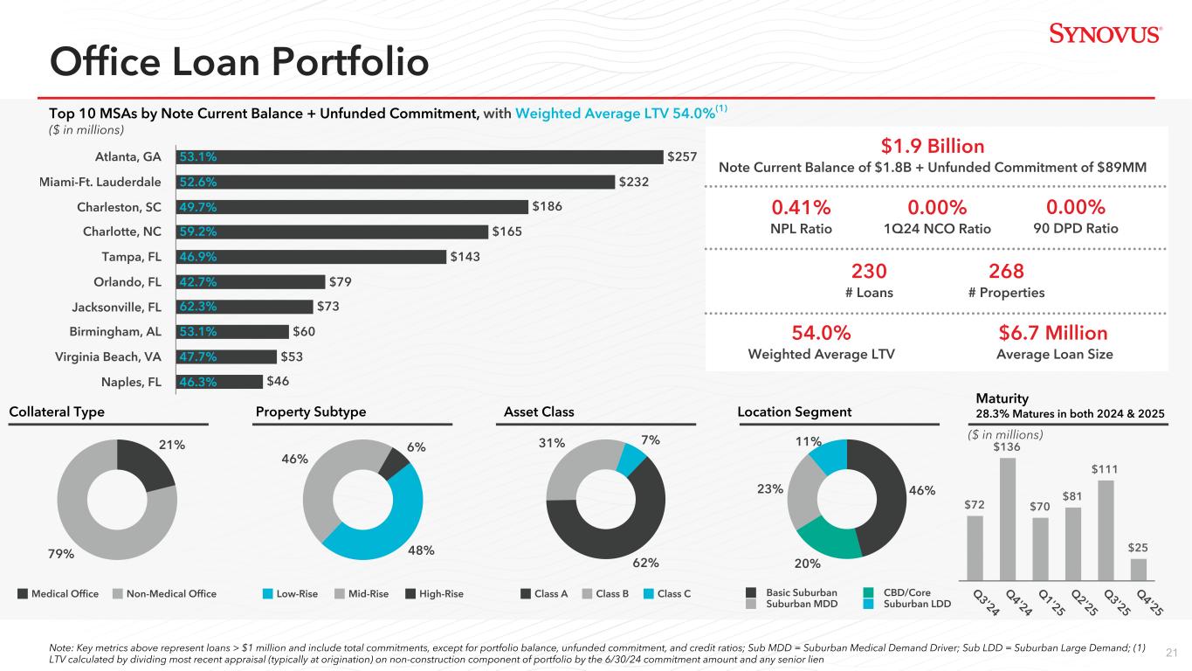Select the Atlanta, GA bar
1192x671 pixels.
pos(419,157)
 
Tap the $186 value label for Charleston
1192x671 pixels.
pos(547,207)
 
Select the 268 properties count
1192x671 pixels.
pos(1006,271)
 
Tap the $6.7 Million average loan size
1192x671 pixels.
pos(1054,333)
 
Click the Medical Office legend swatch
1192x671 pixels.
pos(23,594)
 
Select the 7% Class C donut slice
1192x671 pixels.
pos(630,457)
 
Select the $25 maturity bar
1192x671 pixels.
pos(1138,570)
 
